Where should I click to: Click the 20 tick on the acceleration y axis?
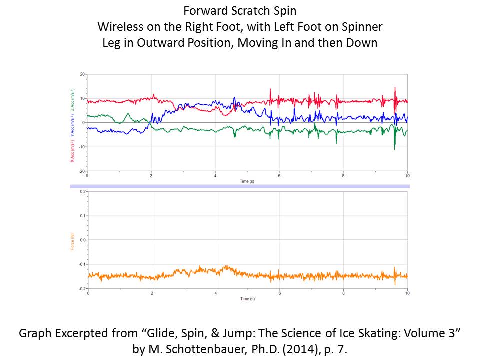coord(82,74)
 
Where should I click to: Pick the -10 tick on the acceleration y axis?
coord(81,147)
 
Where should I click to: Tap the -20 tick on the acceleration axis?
coord(81,171)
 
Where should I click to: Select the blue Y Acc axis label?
coord(73,122)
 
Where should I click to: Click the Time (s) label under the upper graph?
coord(247,181)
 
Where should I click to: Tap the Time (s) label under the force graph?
coord(247,299)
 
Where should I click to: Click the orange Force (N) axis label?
coord(73,240)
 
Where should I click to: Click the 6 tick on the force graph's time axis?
coord(279,294)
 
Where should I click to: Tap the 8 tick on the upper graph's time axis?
coord(343,176)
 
